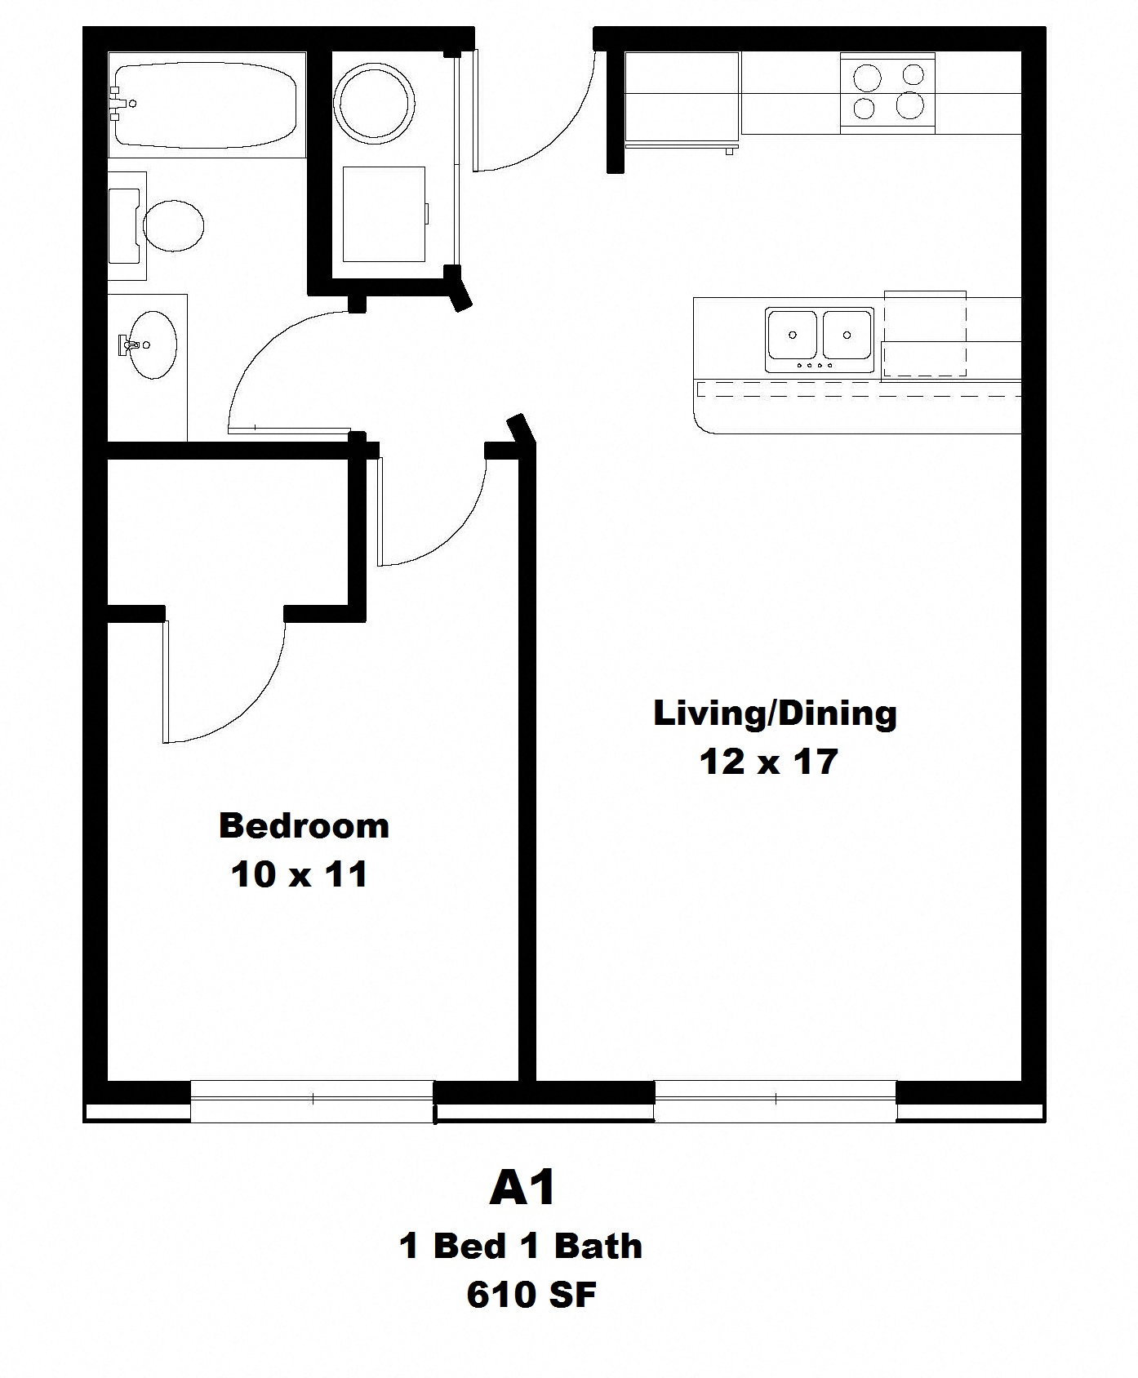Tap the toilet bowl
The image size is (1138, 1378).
(173, 224)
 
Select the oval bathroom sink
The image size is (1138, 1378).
(153, 344)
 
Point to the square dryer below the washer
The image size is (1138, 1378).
(384, 214)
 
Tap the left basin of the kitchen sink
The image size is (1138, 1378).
(792, 335)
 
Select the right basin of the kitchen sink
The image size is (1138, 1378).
(847, 335)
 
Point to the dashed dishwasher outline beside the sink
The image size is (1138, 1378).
(925, 335)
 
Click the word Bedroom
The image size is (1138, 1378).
(304, 826)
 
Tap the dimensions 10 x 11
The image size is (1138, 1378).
(300, 874)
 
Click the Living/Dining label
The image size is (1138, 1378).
(775, 713)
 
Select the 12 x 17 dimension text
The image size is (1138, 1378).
(769, 762)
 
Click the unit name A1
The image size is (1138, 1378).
(522, 1188)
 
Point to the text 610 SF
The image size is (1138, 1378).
(531, 1295)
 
